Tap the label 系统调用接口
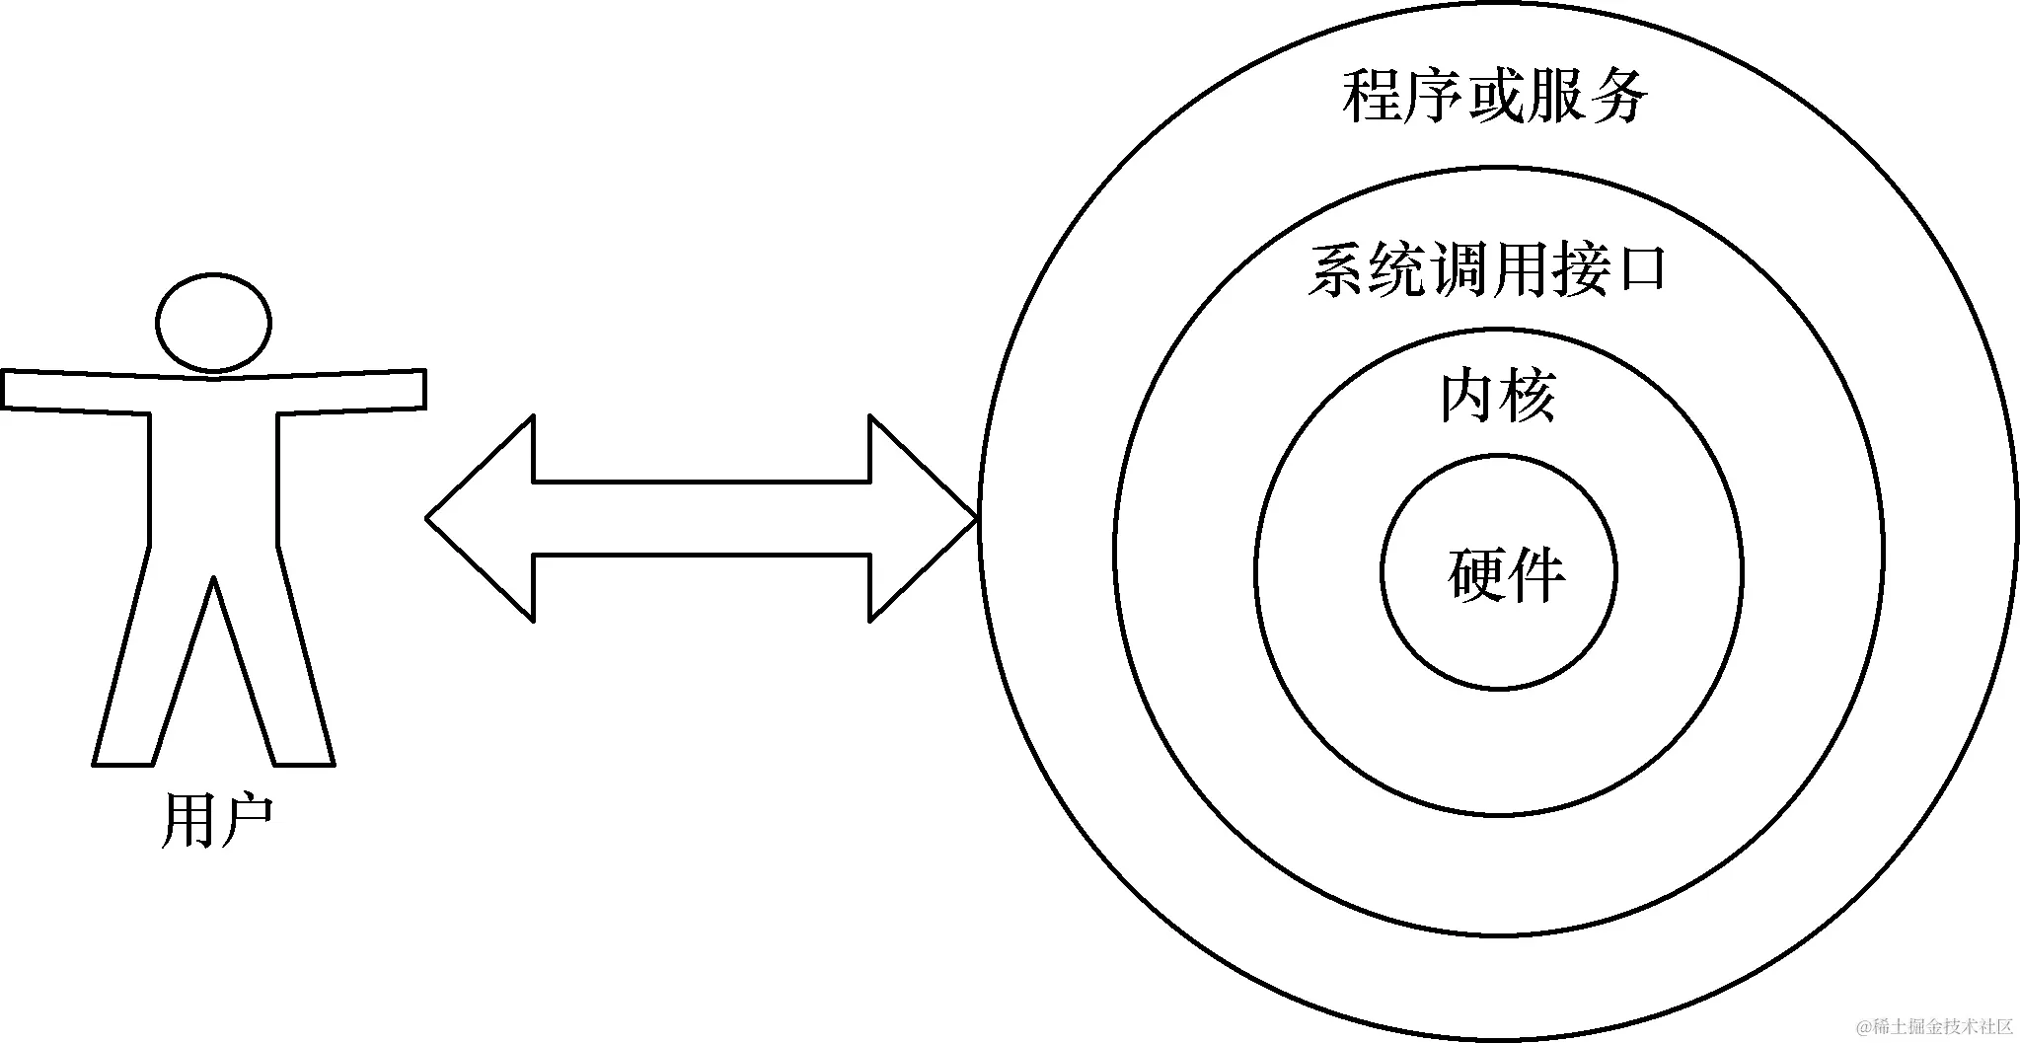1486,268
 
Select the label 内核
1497,397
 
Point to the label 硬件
1506,574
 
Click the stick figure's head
213,324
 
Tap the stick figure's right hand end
411,389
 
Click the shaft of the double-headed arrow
701,518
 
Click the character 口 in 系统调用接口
1637,268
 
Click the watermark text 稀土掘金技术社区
1935,1027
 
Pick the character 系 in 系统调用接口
1337,268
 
